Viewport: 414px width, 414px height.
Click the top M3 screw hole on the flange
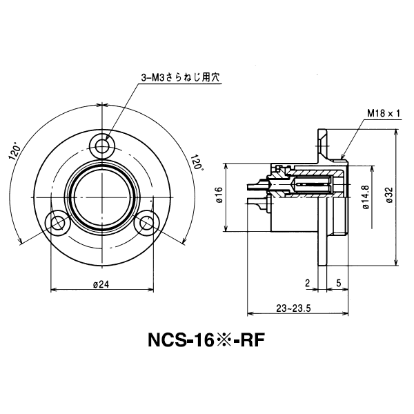click(103, 146)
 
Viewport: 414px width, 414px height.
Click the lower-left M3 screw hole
click(56, 222)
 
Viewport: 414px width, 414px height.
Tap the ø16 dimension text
click(218, 197)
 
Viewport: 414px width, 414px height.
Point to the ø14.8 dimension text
click(364, 197)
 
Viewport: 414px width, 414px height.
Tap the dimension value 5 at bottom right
click(338, 282)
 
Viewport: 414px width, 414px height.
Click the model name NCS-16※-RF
click(206, 341)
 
